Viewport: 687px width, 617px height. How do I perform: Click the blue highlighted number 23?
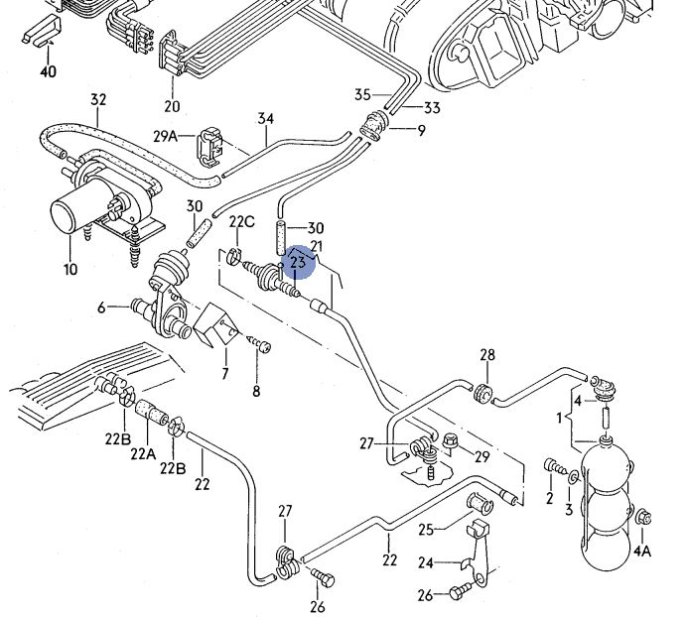pyautogui.click(x=298, y=263)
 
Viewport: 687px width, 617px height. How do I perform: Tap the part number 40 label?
pyautogui.click(x=48, y=71)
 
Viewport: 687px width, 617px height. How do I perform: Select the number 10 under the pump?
pyautogui.click(x=69, y=269)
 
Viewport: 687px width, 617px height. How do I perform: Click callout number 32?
pyautogui.click(x=98, y=99)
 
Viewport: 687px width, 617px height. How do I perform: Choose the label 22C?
pyautogui.click(x=242, y=220)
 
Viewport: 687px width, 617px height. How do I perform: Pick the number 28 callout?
pyautogui.click(x=486, y=355)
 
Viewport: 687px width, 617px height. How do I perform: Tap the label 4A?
pyautogui.click(x=642, y=551)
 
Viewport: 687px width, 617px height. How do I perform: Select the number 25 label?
pyautogui.click(x=426, y=528)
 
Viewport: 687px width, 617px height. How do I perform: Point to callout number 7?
pyautogui.click(x=225, y=374)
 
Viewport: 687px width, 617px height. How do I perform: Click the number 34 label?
pyautogui.click(x=265, y=120)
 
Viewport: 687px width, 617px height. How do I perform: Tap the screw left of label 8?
pyautogui.click(x=261, y=343)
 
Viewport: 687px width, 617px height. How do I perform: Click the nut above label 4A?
pyautogui.click(x=643, y=517)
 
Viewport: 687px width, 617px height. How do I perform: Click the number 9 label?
pyautogui.click(x=420, y=131)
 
